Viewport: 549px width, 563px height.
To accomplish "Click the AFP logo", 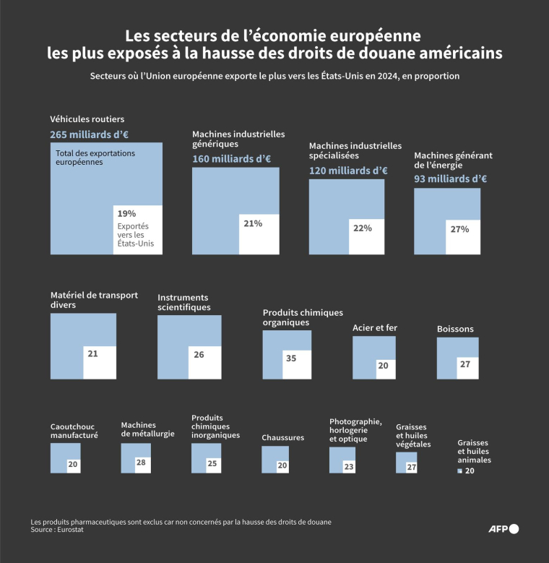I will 504,528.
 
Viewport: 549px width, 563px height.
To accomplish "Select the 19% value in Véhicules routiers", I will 126,213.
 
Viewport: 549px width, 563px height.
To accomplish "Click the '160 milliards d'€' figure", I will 231,159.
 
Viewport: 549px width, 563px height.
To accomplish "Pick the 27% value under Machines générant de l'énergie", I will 460,229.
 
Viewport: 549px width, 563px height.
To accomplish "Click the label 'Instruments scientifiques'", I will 184,302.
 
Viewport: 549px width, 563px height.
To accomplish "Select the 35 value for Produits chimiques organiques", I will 290,358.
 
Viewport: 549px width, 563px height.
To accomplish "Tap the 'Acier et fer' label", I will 375,327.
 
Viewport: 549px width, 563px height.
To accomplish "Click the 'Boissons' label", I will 455,329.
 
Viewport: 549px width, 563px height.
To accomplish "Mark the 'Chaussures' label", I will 282,437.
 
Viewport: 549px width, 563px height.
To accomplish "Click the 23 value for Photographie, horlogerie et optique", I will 349,467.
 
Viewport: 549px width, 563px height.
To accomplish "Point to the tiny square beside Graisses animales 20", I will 459,471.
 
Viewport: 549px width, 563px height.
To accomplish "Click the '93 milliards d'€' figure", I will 450,179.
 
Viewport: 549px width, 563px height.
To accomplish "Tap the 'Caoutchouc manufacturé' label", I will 74,431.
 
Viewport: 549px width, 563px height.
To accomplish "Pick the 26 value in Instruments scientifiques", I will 199,355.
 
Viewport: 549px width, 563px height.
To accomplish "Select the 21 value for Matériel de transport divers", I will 92,354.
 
